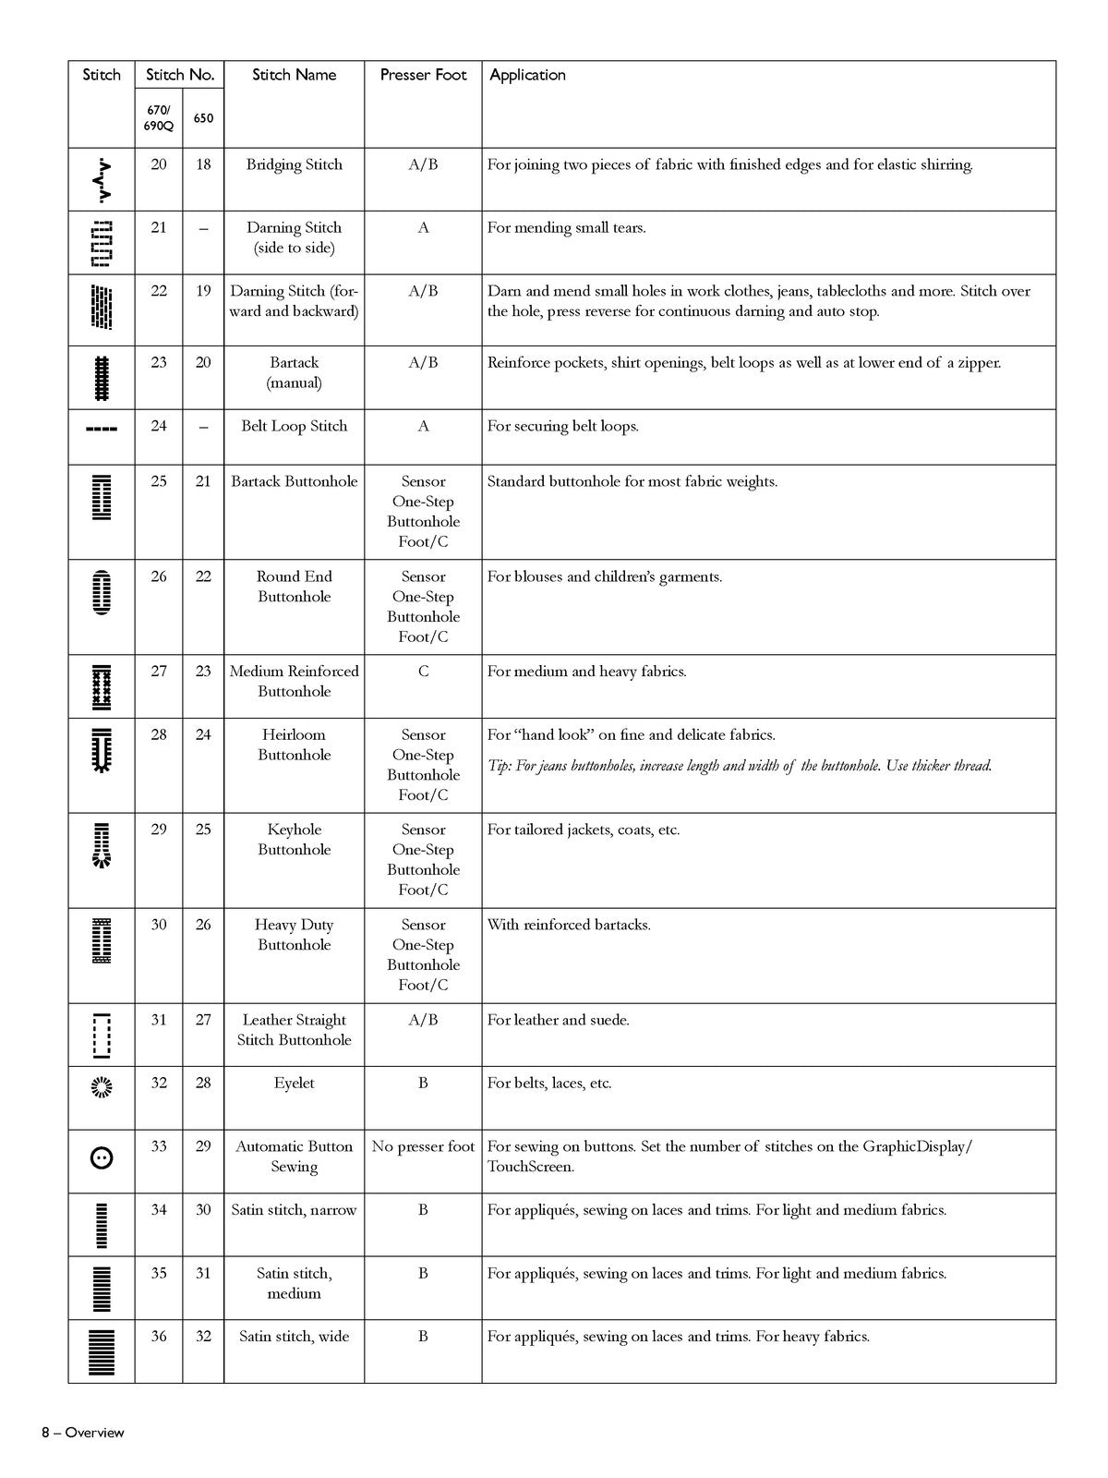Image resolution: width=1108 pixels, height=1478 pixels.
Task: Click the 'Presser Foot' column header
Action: (x=423, y=75)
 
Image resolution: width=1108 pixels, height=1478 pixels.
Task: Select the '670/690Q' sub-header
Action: (x=158, y=117)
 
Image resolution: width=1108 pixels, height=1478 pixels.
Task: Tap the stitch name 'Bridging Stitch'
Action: (x=294, y=164)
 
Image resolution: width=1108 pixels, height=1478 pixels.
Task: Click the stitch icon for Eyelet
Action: (x=102, y=1088)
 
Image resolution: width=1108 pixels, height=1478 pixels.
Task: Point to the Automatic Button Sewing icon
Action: (x=102, y=1157)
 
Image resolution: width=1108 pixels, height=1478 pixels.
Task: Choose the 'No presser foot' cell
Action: (x=423, y=1146)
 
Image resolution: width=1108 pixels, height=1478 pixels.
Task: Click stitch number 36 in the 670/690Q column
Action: (x=159, y=1336)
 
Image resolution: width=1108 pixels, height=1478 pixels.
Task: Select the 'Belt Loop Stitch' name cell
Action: (x=294, y=426)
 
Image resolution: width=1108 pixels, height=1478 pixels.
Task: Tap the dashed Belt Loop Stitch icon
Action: (x=102, y=430)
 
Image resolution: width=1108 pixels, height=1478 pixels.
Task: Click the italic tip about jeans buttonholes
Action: (x=739, y=765)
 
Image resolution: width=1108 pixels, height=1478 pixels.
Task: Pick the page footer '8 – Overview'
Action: (x=82, y=1433)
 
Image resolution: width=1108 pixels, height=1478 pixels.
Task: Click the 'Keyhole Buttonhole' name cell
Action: (x=294, y=840)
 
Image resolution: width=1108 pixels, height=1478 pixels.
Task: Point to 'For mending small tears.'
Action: (x=566, y=227)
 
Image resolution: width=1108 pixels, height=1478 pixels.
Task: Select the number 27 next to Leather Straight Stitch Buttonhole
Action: (x=203, y=1020)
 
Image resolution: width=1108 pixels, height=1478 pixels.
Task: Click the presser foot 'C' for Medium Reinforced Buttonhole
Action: (x=423, y=672)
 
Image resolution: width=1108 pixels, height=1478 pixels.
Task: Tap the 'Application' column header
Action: (x=527, y=75)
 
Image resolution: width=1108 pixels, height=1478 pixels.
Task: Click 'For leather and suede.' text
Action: (x=558, y=1020)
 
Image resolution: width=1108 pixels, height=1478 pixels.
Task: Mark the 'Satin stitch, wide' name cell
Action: (x=294, y=1336)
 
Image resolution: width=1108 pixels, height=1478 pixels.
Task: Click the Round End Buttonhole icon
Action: (x=102, y=593)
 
